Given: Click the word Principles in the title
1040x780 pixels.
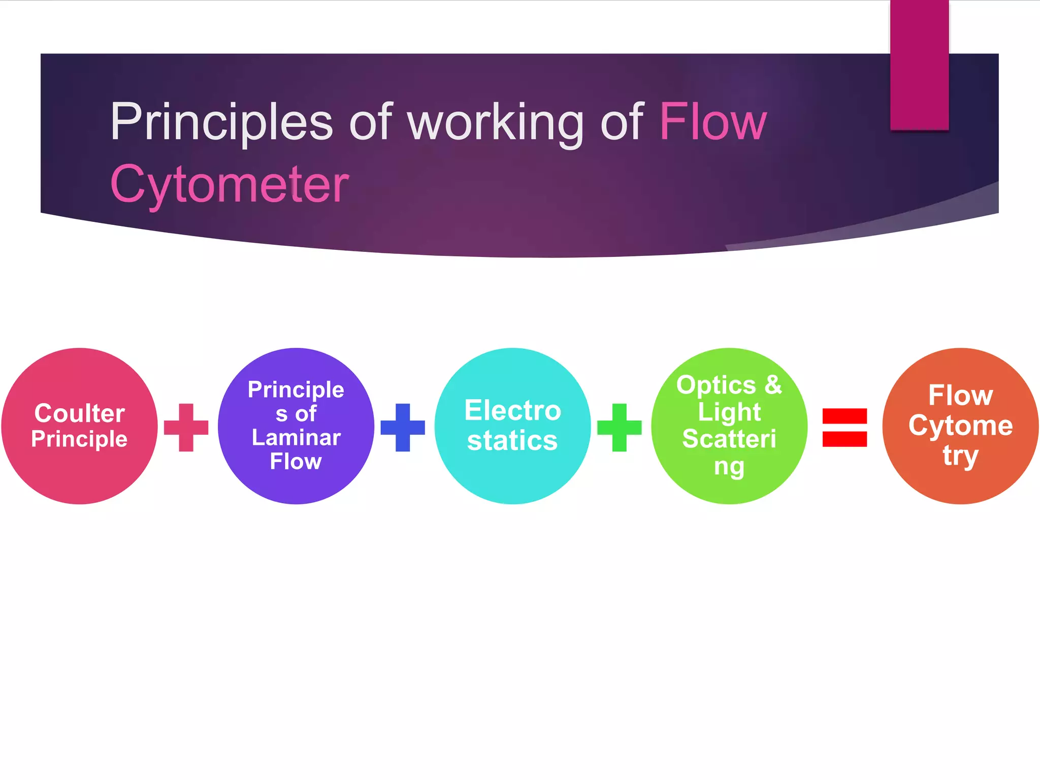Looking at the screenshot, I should click(221, 122).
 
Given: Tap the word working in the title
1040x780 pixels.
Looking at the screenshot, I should click(496, 122).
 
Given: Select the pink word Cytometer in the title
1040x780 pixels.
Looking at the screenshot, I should click(230, 184).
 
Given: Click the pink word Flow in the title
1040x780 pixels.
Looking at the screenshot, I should click(713, 122).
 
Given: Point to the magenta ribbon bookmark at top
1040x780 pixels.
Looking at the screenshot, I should click(919, 65).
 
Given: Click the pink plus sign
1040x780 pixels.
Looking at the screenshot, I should click(186, 428).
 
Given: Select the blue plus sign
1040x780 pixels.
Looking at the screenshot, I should click(403, 428).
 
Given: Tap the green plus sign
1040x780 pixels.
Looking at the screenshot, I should click(619, 428).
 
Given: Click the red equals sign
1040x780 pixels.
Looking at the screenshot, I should click(844, 428).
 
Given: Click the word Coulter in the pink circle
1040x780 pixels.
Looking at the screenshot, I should click(80, 413).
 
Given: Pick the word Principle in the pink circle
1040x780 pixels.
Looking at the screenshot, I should click(79, 439).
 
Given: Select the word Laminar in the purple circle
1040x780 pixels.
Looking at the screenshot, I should click(296, 438).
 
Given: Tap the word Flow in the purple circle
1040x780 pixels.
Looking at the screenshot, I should click(296, 462).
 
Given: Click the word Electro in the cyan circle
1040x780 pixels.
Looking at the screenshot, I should click(512, 410).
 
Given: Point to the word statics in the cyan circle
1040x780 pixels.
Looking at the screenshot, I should click(512, 440).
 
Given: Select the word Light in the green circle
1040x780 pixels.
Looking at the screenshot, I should click(729, 412).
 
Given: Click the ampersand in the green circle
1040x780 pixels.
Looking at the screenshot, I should click(773, 385).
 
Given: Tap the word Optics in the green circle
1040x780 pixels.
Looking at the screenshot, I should click(716, 385).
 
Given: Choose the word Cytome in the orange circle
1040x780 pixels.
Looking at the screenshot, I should click(960, 426).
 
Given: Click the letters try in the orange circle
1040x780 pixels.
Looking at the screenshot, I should click(960, 456).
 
